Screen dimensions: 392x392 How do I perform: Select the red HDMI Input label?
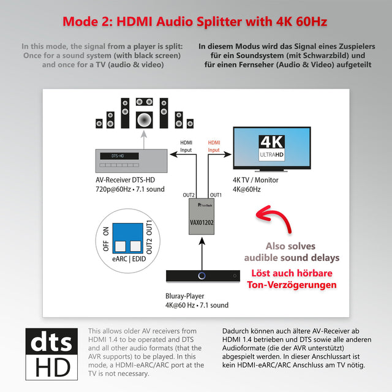click(x=214, y=146)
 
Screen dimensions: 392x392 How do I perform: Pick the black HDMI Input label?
click(x=186, y=146)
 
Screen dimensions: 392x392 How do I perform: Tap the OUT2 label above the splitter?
click(x=189, y=195)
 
